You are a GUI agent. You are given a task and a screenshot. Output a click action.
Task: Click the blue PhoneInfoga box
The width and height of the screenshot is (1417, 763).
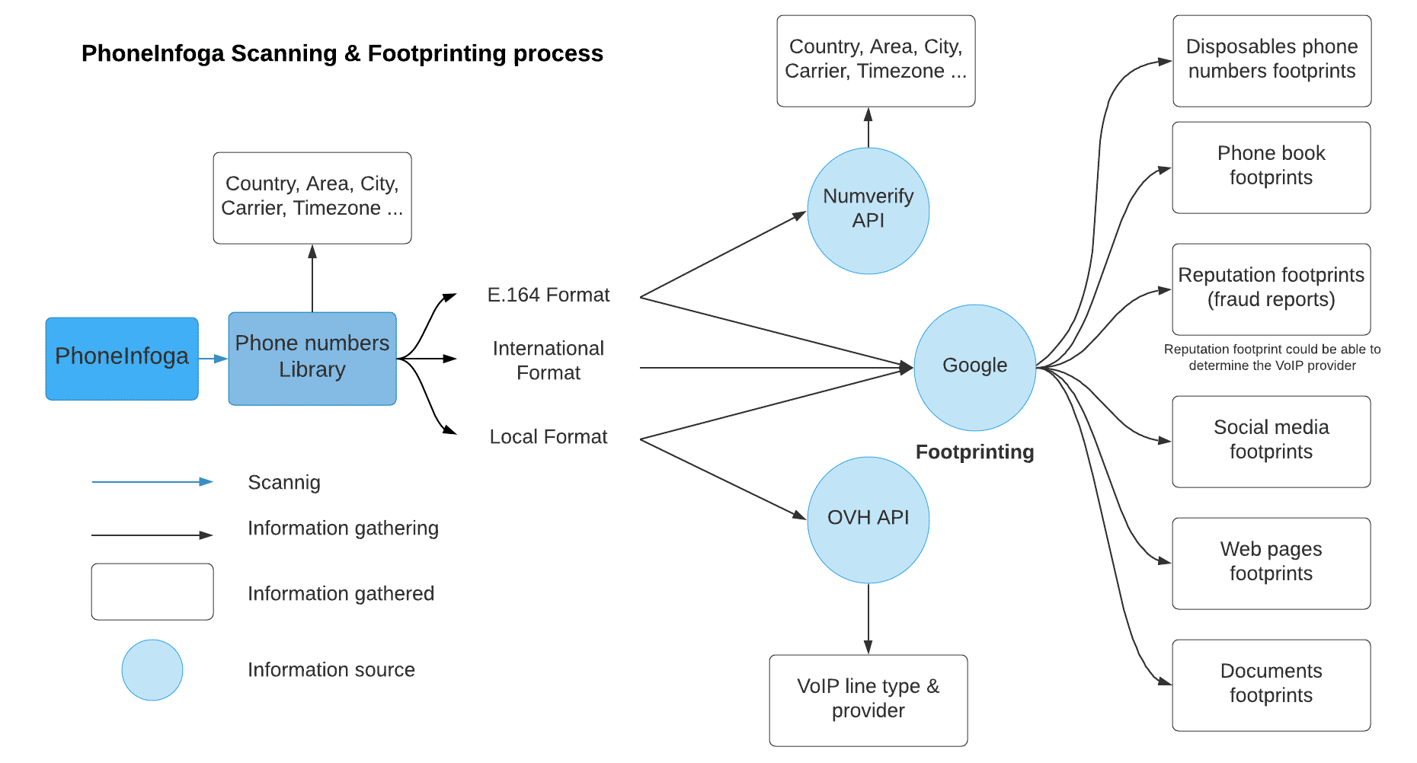[x=122, y=358]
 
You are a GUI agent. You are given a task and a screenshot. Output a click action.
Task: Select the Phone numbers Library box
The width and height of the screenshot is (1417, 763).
[x=312, y=358]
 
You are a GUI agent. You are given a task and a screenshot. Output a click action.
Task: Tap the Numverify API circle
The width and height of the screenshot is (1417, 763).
[x=868, y=210]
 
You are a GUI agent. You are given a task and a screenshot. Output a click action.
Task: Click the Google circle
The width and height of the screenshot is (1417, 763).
[x=974, y=366]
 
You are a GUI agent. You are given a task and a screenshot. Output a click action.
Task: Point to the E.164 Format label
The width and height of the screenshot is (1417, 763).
[x=548, y=295]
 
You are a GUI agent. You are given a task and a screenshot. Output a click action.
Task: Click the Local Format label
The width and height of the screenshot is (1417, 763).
[x=548, y=437]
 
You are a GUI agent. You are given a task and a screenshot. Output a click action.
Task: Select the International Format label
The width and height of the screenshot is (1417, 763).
[x=548, y=360]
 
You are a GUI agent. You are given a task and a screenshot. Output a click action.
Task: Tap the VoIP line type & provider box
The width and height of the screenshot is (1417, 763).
[x=868, y=700]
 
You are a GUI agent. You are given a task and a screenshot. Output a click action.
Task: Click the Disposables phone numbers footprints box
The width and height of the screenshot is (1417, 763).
[x=1271, y=60]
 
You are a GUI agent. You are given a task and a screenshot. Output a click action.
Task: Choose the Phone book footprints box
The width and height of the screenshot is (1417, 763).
[x=1271, y=167]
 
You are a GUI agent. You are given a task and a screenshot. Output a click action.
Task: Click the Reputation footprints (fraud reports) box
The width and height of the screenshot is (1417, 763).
[x=1271, y=289]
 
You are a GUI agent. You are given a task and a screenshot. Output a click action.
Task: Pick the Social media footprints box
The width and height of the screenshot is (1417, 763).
[x=1271, y=441]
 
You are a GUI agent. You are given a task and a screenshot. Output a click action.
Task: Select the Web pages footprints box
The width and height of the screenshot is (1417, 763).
[x=1271, y=563]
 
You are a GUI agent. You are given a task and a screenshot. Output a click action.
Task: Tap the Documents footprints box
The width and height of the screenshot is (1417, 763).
[x=1271, y=685]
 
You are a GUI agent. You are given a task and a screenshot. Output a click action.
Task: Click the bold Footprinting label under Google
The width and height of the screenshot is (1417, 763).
[x=974, y=452]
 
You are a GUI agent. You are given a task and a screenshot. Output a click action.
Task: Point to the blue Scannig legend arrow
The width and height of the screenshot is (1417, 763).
[x=152, y=482]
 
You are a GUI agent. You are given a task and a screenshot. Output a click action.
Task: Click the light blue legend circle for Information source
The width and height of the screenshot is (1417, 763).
[x=152, y=670]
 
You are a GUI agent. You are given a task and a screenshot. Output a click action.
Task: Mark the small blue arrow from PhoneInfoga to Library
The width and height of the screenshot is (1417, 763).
[x=213, y=358]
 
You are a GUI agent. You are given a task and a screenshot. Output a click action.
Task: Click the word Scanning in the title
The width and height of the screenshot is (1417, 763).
[x=283, y=53]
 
